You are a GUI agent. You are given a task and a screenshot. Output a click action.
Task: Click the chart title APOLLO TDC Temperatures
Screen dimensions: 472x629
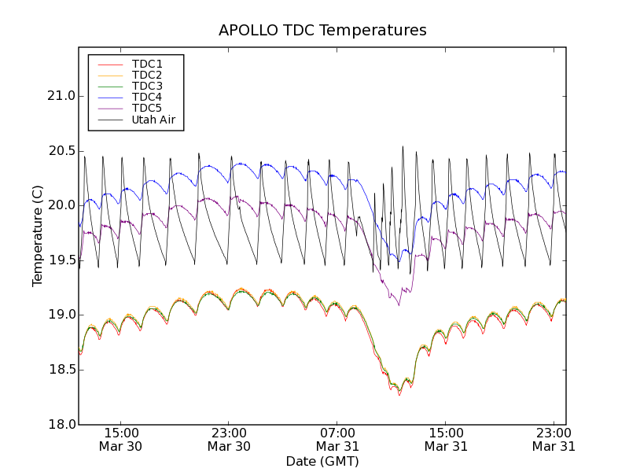coord(322,31)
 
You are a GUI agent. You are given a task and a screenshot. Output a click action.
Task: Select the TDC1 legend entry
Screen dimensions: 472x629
coord(147,64)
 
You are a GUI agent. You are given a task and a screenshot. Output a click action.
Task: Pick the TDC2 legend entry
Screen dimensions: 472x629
coord(147,75)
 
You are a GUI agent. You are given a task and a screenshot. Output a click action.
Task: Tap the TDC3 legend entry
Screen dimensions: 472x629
coord(147,86)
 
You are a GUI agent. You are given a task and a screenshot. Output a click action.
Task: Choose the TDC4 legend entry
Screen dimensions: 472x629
coord(147,98)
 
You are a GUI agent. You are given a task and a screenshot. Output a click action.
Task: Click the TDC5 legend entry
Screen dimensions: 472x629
coord(147,109)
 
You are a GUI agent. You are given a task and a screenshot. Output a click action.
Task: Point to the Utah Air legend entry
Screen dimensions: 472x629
coord(153,120)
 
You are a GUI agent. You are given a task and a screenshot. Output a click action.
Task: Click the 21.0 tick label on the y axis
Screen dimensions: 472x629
coord(61,96)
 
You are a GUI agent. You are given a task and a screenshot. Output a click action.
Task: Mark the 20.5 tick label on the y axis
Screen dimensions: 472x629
coord(61,151)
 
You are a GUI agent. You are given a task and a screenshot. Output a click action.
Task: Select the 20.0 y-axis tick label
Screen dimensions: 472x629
coord(61,205)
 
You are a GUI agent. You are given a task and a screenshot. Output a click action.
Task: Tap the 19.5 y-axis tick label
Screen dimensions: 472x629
coord(61,260)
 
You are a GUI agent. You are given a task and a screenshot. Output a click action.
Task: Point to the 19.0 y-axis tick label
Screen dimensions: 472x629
coord(61,315)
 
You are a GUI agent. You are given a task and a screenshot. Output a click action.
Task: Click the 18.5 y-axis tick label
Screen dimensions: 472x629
coord(61,370)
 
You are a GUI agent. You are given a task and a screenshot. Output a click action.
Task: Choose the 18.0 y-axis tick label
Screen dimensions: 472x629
coord(61,424)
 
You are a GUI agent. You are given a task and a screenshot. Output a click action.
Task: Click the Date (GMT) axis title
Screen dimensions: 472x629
coord(322,461)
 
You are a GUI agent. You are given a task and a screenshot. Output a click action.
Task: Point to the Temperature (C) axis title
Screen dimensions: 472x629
coord(38,236)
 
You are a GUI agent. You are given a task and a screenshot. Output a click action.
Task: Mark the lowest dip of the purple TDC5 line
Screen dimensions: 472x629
coord(399,305)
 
